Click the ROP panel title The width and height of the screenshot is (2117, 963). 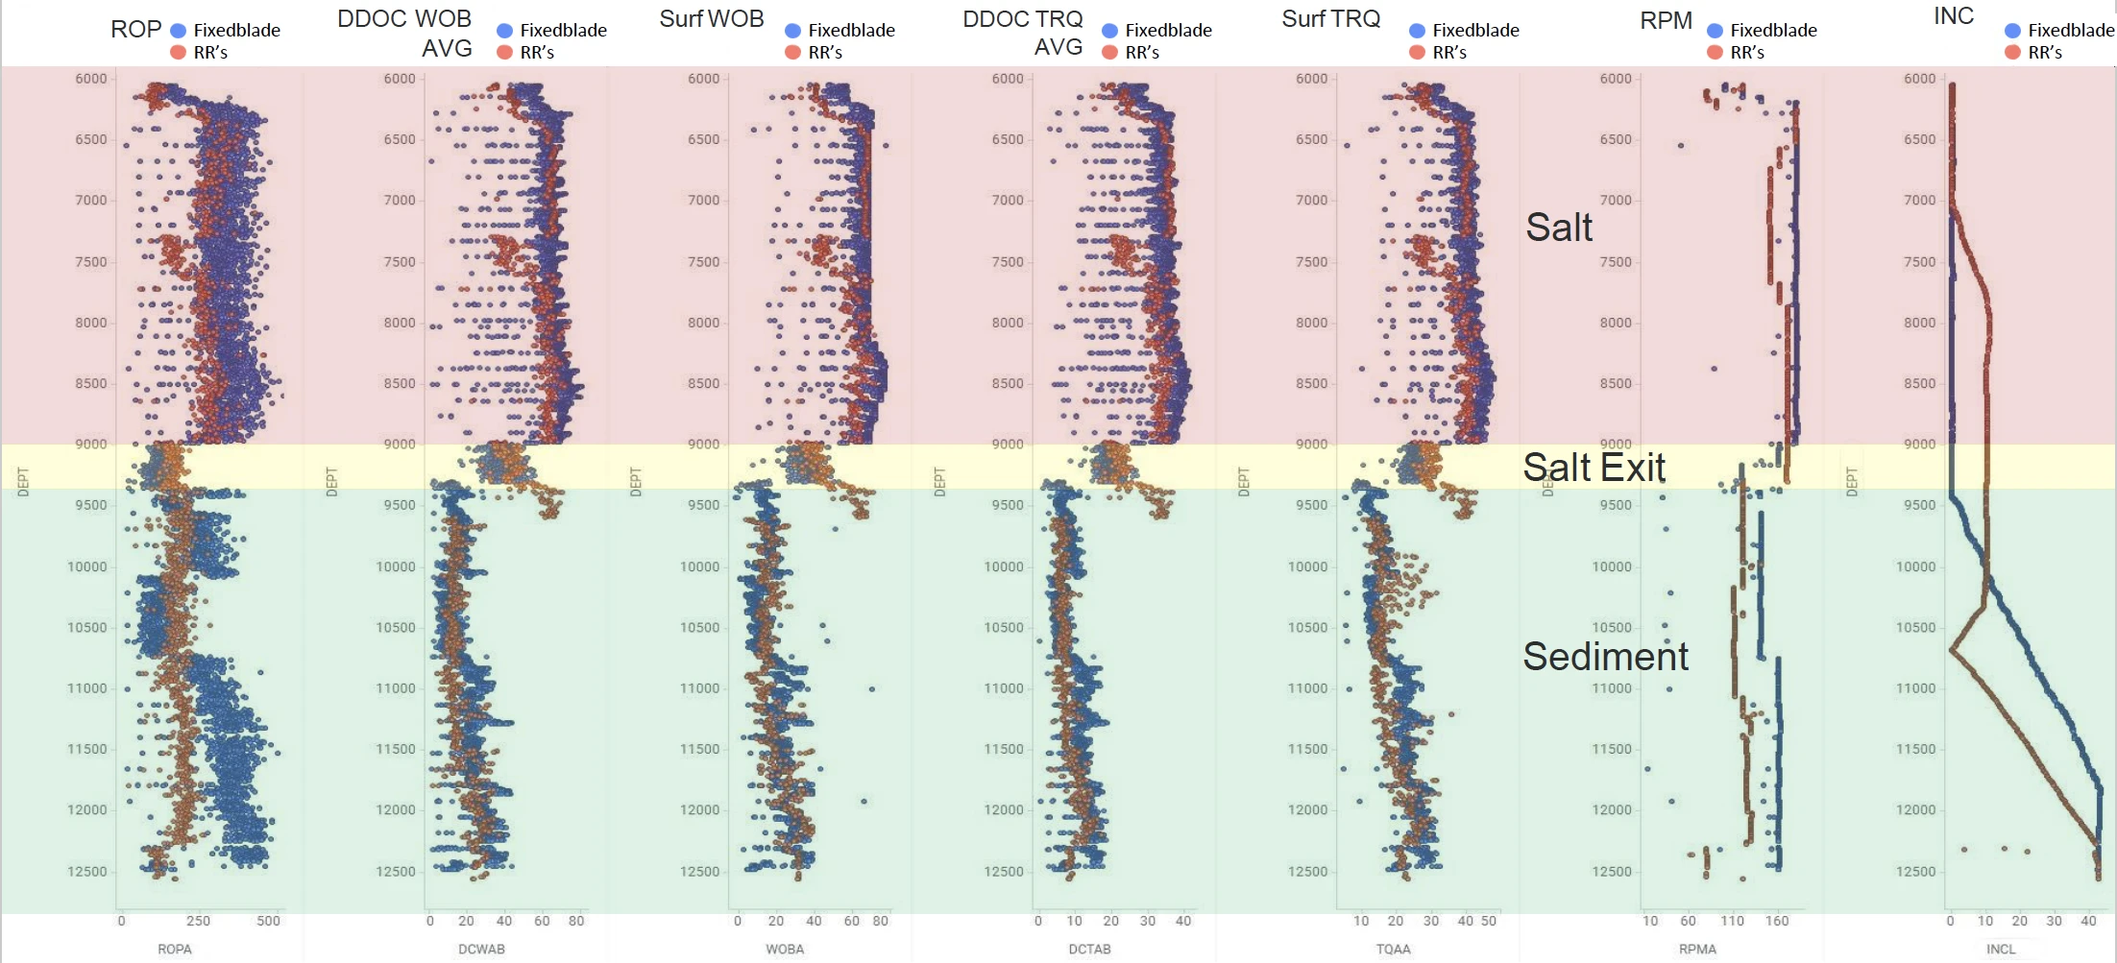click(135, 29)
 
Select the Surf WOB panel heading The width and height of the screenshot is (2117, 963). click(711, 19)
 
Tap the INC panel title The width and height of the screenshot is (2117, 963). click(1953, 16)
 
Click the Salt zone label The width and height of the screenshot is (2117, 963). click(1559, 228)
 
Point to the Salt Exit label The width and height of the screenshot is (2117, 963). click(1594, 468)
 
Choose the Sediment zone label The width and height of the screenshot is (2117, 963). click(1605, 657)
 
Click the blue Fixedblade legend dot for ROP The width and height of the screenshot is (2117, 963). click(178, 31)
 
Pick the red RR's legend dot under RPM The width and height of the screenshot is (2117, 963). click(1715, 53)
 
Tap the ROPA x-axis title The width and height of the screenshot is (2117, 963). click(175, 949)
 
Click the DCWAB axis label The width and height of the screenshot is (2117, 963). click(481, 949)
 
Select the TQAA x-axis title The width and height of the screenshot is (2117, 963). click(1393, 949)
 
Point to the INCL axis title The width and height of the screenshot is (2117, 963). click(2001, 949)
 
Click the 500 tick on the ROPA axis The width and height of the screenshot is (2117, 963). click(268, 921)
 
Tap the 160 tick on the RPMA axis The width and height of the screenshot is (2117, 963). click(1776, 921)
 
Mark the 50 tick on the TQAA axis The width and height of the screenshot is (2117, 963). click(1488, 921)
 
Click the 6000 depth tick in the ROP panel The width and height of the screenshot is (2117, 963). click(91, 79)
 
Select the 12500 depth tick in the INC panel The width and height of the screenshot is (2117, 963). click(1915, 872)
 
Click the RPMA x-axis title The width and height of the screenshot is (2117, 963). click(1697, 949)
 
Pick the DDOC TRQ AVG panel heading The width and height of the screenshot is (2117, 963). click(1022, 33)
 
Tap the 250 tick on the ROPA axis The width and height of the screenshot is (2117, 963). click(198, 921)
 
